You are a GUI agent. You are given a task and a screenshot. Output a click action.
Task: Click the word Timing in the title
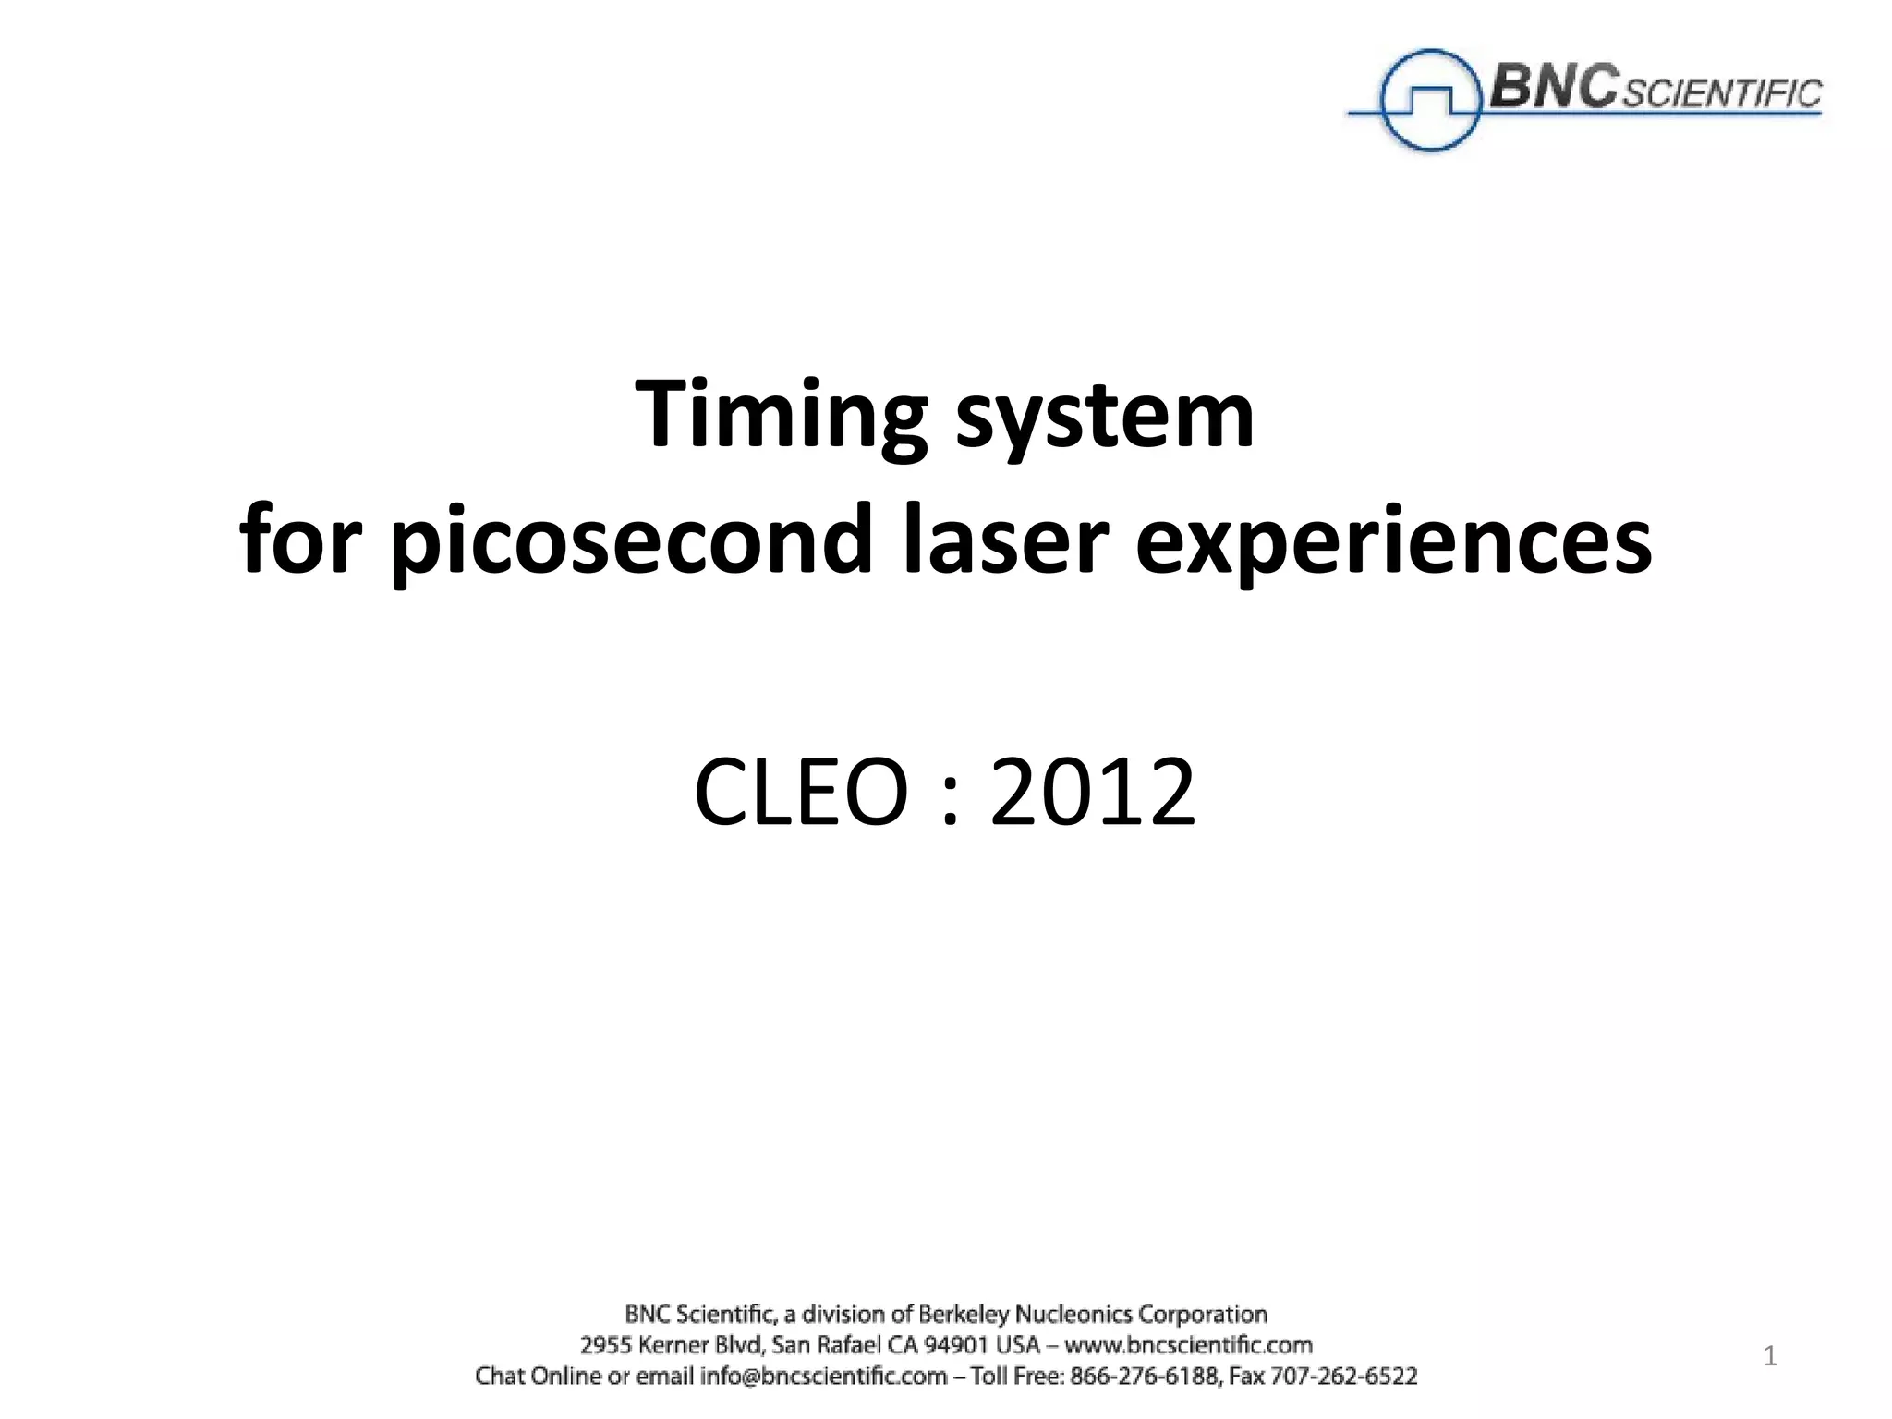[781, 416]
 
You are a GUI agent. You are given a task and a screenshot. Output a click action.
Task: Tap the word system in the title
[1105, 416]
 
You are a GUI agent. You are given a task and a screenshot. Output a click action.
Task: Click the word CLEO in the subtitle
[800, 793]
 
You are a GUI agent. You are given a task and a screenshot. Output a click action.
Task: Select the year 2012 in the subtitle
[1093, 793]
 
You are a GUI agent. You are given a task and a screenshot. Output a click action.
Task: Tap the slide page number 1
[1770, 1357]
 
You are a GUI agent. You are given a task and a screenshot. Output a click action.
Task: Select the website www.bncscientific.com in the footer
[1188, 1344]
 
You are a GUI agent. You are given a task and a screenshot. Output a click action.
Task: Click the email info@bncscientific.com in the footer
[823, 1376]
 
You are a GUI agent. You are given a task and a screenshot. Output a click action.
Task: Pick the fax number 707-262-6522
[1343, 1376]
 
